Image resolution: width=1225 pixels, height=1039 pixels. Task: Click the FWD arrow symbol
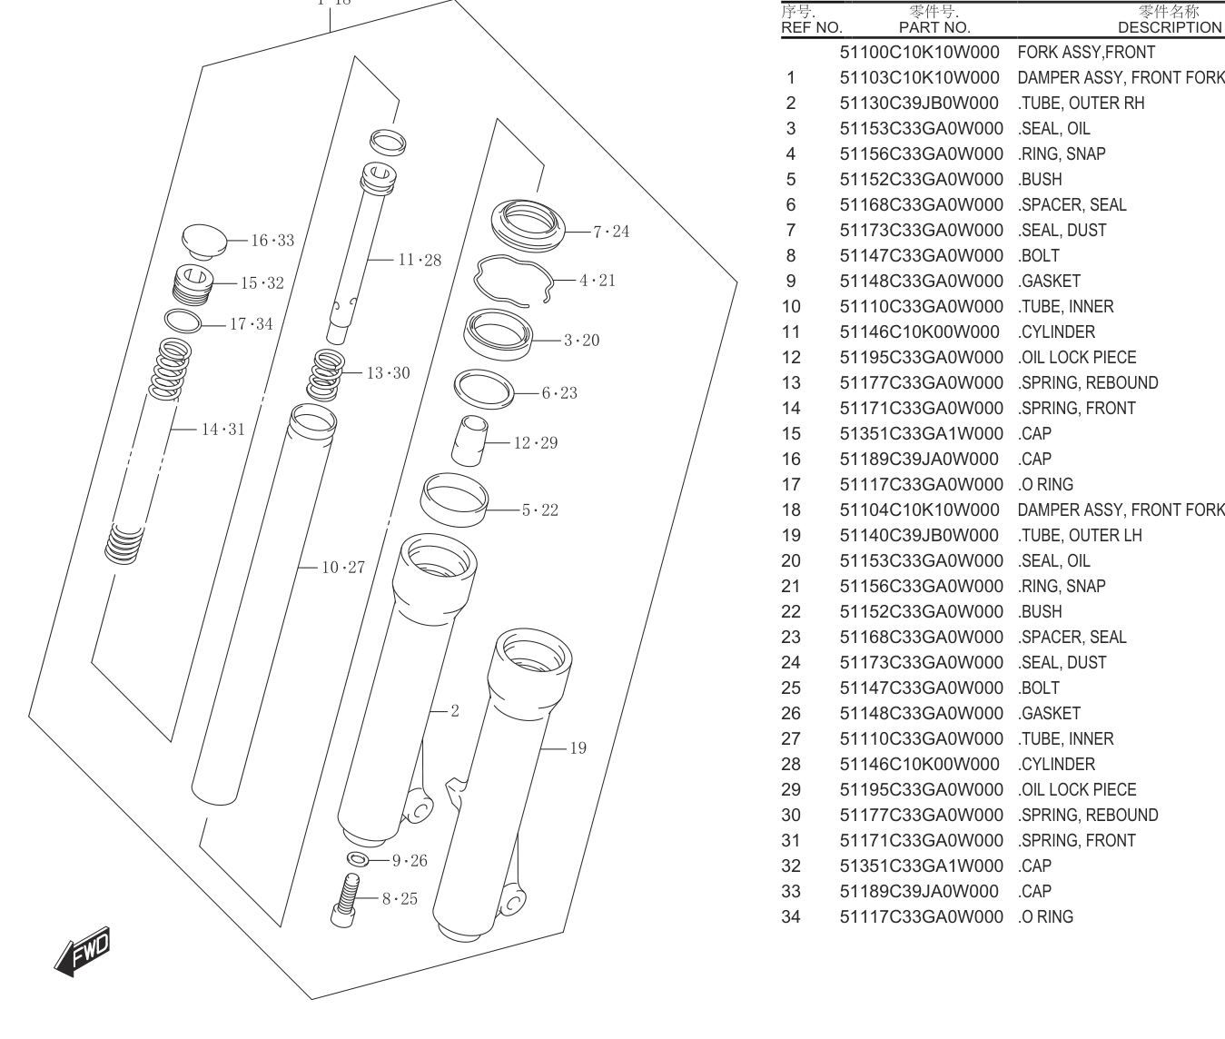[x=82, y=951]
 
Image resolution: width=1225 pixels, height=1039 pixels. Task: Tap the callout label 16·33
[x=272, y=240]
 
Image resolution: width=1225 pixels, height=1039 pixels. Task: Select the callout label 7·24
[x=611, y=232]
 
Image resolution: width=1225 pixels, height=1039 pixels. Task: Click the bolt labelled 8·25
[x=345, y=900]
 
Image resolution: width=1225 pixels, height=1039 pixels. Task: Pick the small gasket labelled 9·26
[x=358, y=859]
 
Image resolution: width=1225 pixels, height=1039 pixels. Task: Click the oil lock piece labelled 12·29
[x=469, y=440]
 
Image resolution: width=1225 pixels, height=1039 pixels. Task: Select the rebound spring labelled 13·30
[x=325, y=375]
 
